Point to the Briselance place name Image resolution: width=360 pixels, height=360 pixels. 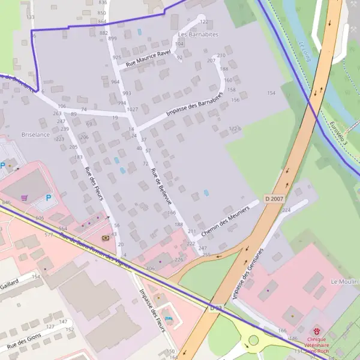coord(35,135)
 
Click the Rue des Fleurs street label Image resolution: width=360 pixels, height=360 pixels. coord(94,182)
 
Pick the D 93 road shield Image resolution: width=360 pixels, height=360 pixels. coord(216,308)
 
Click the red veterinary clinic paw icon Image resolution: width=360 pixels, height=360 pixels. coord(316,331)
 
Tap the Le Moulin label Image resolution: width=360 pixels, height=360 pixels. coord(343,281)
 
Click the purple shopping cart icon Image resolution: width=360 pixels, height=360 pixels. coord(24,197)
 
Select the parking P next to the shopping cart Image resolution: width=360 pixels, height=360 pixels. coord(49,197)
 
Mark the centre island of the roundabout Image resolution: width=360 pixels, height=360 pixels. coord(253,340)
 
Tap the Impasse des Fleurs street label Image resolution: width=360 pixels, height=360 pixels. coord(151,308)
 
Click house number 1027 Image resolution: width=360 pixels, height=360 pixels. coord(133,109)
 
